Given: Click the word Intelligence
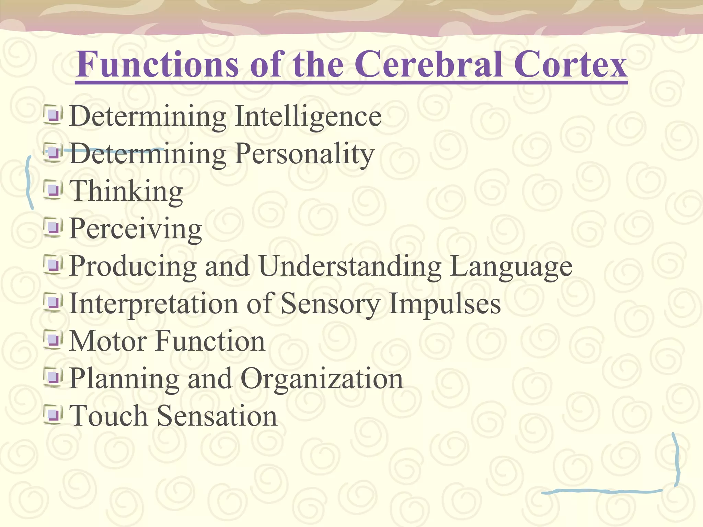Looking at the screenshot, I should coord(308,117).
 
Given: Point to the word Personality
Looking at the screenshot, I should coord(304,154).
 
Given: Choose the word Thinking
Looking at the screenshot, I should coord(126,191).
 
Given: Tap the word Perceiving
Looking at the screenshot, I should coord(136,229).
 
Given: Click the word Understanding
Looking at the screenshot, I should coord(350,266).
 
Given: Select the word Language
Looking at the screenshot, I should coord(511,267).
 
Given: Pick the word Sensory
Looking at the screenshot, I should coord(330,304).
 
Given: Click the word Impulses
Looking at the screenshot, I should coord(445,304).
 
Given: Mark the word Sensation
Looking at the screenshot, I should coord(217,415).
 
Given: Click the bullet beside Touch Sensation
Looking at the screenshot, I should coord(53,415).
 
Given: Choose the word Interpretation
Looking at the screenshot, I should coord(153,304).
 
